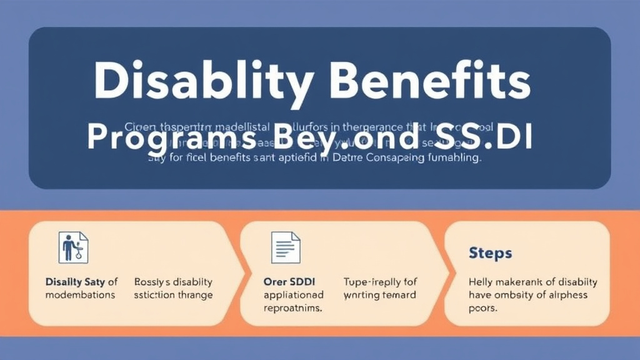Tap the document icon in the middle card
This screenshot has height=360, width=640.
[x=286, y=247]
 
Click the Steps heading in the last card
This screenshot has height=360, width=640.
[x=490, y=254]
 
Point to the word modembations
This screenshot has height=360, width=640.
[x=81, y=295]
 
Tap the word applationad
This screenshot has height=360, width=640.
[x=293, y=295]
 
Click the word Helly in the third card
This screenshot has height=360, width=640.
[x=481, y=282]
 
